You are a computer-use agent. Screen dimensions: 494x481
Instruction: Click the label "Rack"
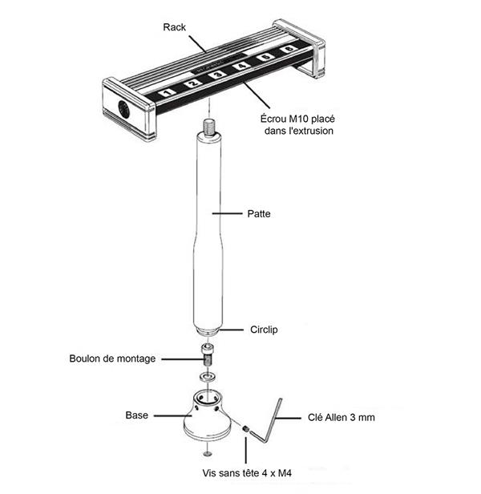pyautogui.click(x=174, y=28)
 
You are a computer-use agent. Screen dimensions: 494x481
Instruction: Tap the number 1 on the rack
pyautogui.click(x=166, y=94)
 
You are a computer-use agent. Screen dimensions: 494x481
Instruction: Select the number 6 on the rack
pyautogui.click(x=287, y=51)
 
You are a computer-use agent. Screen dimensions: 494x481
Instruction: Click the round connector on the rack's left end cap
pyautogui.click(x=123, y=110)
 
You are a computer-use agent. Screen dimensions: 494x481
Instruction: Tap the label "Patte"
pyautogui.click(x=259, y=214)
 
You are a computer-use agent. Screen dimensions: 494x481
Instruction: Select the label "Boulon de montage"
pyautogui.click(x=112, y=358)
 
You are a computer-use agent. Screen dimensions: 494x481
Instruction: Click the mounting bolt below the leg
pyautogui.click(x=208, y=354)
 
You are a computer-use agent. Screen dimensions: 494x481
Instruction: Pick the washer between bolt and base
pyautogui.click(x=207, y=376)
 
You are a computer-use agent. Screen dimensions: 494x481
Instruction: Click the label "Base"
pyautogui.click(x=136, y=415)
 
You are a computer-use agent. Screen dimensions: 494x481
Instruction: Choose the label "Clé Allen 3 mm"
pyautogui.click(x=342, y=418)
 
